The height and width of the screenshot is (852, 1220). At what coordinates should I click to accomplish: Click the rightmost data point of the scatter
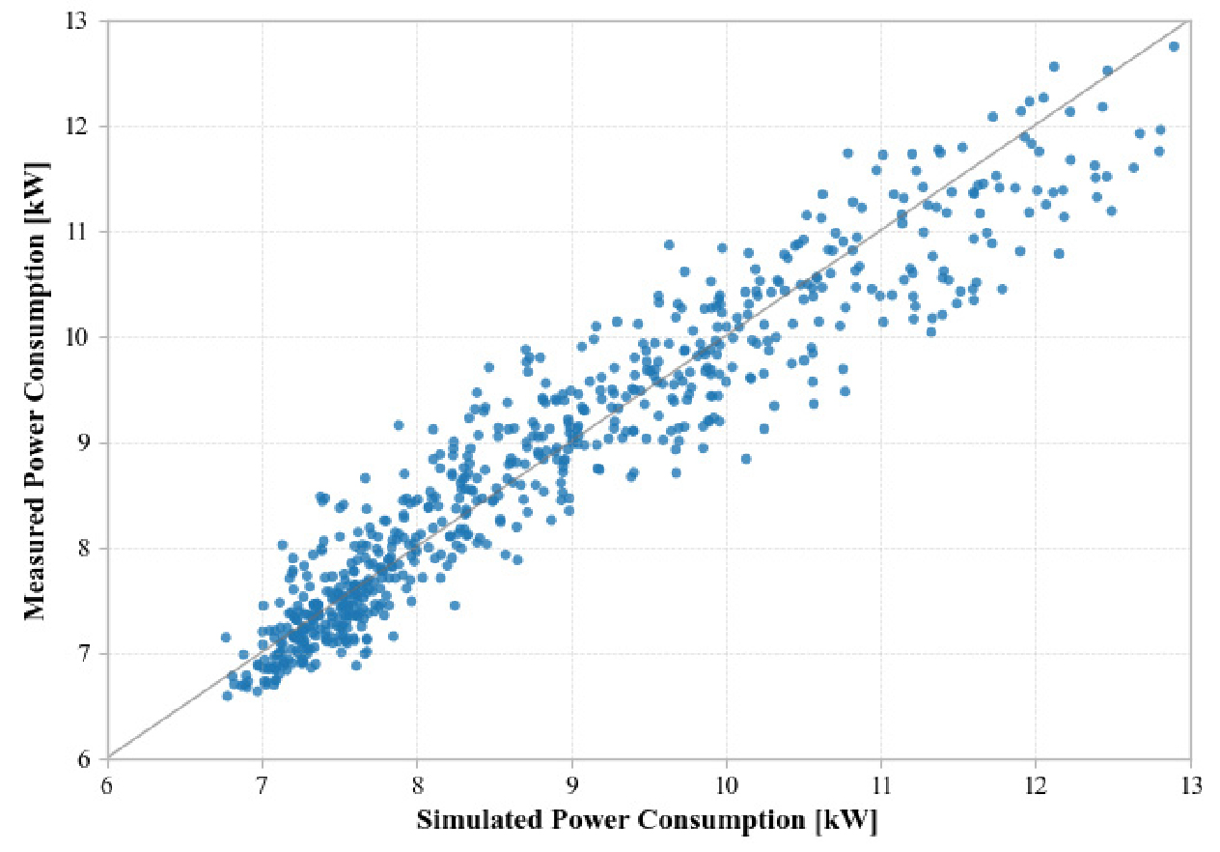coord(1174,46)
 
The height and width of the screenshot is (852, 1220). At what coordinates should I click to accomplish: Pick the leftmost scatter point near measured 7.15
coord(226,638)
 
